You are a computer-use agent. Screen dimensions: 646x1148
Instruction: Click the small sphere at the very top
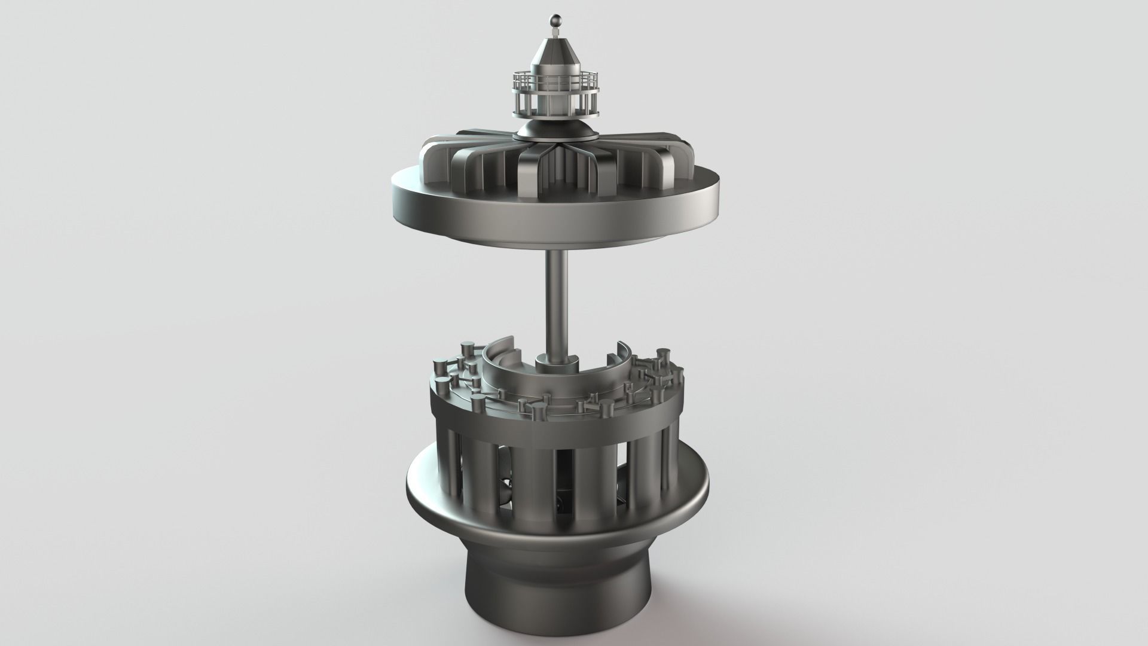554,18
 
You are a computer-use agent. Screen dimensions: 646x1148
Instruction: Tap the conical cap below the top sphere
554,51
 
